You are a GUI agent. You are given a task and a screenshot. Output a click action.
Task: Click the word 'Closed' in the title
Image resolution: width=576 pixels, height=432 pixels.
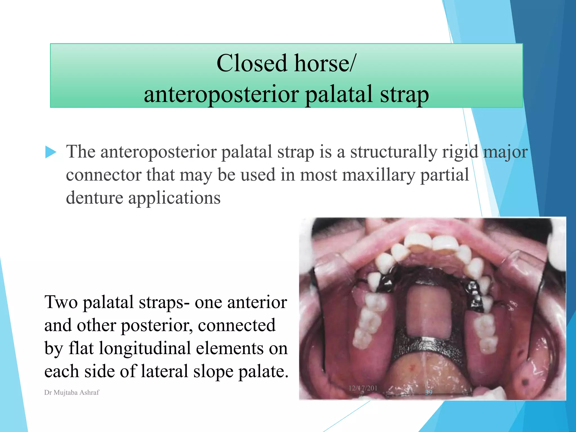(x=252, y=63)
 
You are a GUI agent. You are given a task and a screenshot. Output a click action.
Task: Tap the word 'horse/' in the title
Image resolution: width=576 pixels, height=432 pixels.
(x=325, y=63)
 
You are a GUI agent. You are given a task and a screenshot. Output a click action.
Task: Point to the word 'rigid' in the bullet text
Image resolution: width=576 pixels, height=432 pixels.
(x=460, y=152)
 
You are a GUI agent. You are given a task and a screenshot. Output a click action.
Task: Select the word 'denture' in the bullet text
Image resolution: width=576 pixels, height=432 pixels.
(x=94, y=198)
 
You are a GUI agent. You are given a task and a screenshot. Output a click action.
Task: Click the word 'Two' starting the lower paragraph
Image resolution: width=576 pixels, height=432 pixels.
(x=61, y=302)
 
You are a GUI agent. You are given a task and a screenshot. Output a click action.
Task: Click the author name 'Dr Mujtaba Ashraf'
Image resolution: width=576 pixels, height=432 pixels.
(x=72, y=393)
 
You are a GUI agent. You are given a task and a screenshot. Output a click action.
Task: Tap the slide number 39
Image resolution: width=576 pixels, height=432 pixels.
(x=429, y=392)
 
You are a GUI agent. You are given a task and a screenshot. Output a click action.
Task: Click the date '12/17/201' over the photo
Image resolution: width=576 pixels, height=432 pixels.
(x=363, y=388)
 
